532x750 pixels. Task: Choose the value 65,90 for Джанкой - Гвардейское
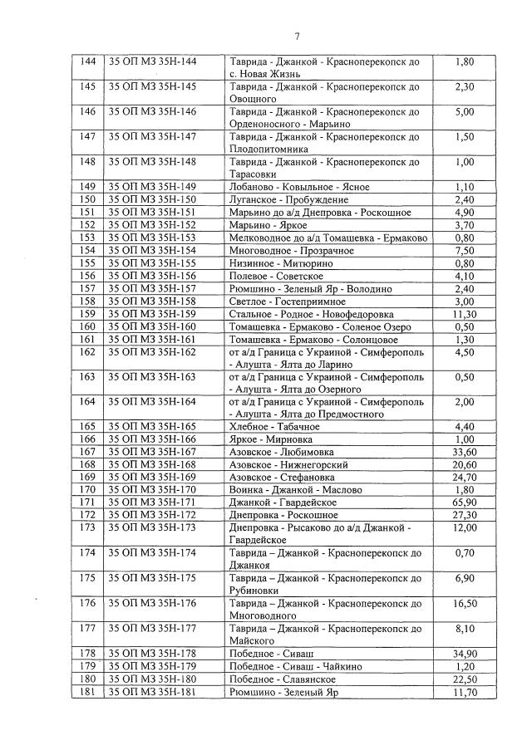click(465, 502)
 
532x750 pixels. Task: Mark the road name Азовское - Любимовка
click(278, 452)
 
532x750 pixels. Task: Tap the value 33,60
click(465, 452)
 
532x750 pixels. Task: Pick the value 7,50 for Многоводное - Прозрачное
click(465, 251)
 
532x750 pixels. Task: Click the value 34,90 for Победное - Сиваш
click(465, 654)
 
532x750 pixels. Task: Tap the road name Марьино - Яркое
click(265, 225)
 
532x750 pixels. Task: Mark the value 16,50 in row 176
click(465, 603)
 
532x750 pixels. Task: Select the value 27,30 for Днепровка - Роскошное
click(465, 515)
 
